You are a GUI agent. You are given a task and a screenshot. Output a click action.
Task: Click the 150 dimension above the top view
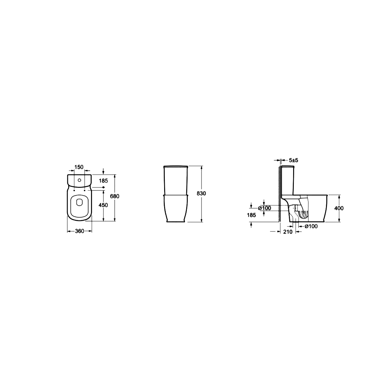click(x=79, y=167)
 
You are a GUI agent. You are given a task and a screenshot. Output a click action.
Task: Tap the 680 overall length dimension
click(x=114, y=196)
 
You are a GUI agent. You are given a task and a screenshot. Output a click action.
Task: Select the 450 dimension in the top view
click(x=103, y=205)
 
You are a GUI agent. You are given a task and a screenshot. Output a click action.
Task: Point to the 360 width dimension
click(x=80, y=231)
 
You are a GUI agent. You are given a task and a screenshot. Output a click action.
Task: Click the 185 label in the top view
click(x=103, y=181)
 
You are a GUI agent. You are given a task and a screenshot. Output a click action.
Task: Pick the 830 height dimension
click(x=201, y=193)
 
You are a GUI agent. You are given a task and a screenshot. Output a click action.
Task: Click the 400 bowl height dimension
click(x=339, y=208)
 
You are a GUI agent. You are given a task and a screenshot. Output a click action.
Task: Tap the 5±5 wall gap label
click(x=293, y=160)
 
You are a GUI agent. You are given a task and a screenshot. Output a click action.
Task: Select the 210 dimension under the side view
click(x=288, y=232)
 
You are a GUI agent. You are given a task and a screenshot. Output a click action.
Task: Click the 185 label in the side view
click(x=252, y=215)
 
